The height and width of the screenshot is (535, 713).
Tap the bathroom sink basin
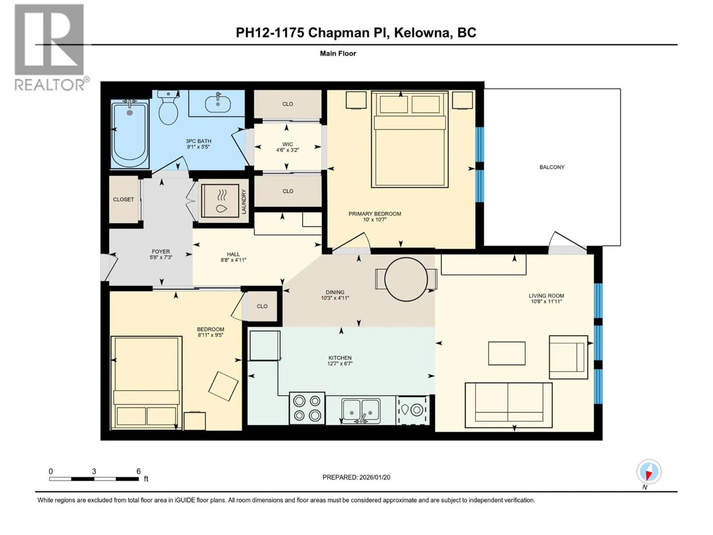[x=218, y=103]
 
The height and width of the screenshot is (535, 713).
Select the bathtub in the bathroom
[x=130, y=134]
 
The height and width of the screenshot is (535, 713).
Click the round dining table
[x=406, y=279]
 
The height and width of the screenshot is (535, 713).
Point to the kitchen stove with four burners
[x=307, y=408]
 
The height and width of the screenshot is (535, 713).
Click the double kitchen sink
[x=361, y=411]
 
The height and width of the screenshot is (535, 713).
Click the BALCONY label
[x=552, y=167]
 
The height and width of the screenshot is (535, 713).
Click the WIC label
[x=287, y=144]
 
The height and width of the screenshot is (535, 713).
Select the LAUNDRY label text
[x=244, y=202]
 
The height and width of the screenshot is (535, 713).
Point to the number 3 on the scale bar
[x=94, y=471]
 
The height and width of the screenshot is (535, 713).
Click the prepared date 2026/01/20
[x=356, y=477]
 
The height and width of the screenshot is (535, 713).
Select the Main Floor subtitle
[x=338, y=53]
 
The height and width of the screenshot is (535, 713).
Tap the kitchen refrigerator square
[x=265, y=345]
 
